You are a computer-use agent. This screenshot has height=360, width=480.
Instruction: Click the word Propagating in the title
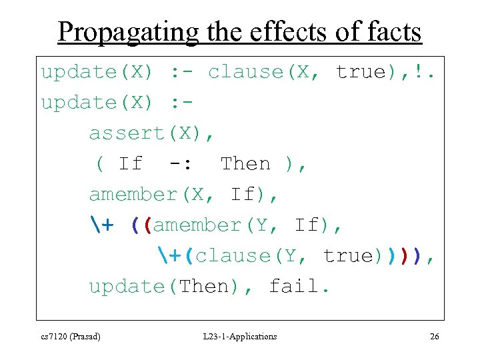pos(128,31)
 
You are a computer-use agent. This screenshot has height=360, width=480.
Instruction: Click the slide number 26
pos(434,337)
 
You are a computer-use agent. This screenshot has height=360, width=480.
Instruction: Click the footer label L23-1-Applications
pos(240,337)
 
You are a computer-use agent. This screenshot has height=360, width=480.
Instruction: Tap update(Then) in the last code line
pos(166,287)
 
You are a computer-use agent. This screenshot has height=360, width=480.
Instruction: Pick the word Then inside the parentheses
pos(245,164)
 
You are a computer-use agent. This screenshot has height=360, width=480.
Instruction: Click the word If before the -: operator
pos(130,164)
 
